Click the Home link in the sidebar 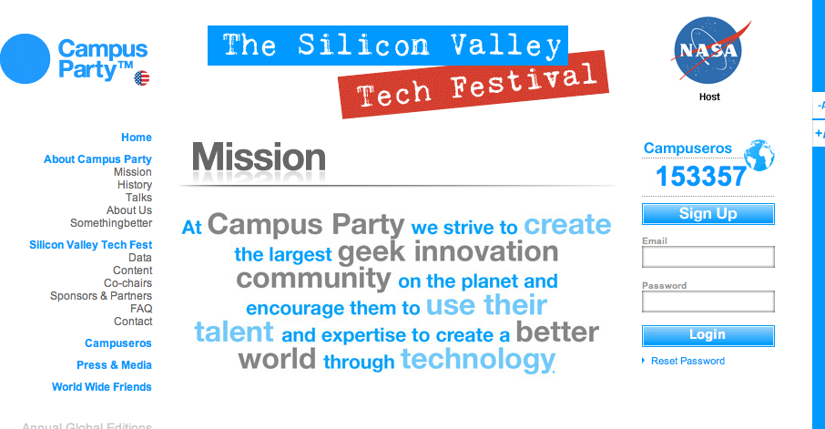click(x=137, y=138)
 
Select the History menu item click(x=135, y=185)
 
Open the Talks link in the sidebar click(x=139, y=198)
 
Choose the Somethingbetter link click(x=111, y=222)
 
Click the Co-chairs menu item click(x=127, y=283)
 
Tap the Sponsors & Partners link click(x=101, y=296)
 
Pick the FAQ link click(x=141, y=309)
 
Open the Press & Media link click(x=114, y=365)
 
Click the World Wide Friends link click(x=102, y=387)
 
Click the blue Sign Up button click(x=708, y=214)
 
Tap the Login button click(x=708, y=336)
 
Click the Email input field click(x=708, y=257)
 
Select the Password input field click(x=708, y=301)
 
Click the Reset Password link click(x=687, y=361)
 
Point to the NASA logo click(x=709, y=51)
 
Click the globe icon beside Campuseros click(x=759, y=155)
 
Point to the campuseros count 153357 click(x=701, y=177)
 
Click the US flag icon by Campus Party click(x=142, y=78)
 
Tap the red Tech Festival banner click(x=474, y=84)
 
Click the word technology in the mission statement click(x=478, y=360)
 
